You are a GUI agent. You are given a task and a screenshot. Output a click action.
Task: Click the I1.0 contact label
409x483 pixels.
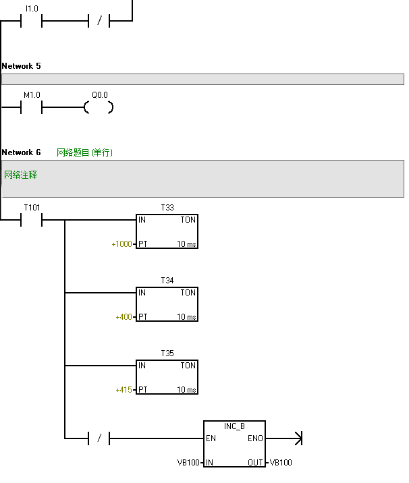pyautogui.click(x=32, y=9)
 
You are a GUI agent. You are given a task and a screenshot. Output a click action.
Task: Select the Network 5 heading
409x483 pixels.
pyautogui.click(x=21, y=66)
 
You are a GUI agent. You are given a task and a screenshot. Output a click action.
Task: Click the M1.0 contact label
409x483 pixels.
pyautogui.click(x=32, y=95)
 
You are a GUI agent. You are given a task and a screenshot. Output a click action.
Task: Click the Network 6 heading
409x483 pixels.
pyautogui.click(x=21, y=152)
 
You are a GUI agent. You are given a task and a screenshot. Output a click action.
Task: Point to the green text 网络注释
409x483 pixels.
pyautogui.click(x=20, y=175)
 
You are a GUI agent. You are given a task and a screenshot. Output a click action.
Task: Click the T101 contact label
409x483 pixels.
pyautogui.click(x=32, y=207)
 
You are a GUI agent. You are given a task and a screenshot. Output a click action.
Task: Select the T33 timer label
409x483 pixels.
pyautogui.click(x=167, y=208)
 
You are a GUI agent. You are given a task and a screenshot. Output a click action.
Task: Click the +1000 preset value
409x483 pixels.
pyautogui.click(x=122, y=244)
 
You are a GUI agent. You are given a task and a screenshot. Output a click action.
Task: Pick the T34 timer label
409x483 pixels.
pyautogui.click(x=167, y=280)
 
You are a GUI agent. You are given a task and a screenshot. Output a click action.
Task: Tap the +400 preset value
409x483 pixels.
pyautogui.click(x=124, y=316)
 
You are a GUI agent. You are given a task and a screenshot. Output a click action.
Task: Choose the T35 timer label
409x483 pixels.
pyautogui.click(x=167, y=353)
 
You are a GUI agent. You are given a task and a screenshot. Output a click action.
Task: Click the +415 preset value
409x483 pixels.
pyautogui.click(x=124, y=390)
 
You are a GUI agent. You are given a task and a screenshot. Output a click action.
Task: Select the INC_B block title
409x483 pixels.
pyautogui.click(x=234, y=426)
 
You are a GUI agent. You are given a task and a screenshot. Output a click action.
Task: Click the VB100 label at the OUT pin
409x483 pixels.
pyautogui.click(x=281, y=463)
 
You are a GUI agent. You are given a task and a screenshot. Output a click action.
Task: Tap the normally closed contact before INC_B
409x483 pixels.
pyautogui.click(x=99, y=438)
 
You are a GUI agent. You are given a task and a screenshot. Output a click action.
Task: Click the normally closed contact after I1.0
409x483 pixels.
pyautogui.click(x=99, y=21)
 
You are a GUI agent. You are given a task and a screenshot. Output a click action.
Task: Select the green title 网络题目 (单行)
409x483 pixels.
pyautogui.click(x=84, y=152)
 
